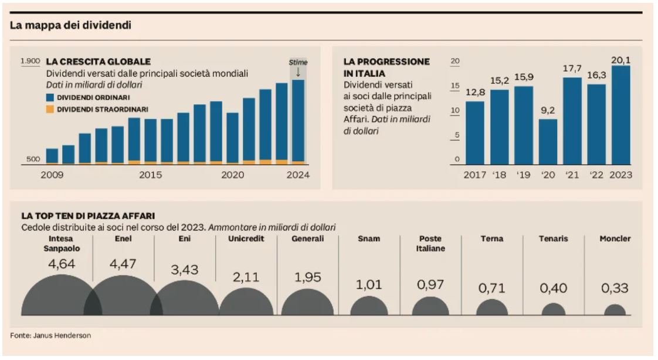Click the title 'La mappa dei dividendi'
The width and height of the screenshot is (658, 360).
point(70,26)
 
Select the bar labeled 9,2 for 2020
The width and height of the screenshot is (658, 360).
point(548,141)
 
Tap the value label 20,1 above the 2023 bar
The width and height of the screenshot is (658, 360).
point(620,60)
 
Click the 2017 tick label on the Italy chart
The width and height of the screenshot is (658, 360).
point(475,175)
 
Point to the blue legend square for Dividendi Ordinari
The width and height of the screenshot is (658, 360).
point(51,97)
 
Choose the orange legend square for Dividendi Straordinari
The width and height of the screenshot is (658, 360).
point(51,109)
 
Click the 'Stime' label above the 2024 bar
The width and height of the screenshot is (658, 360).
point(298,62)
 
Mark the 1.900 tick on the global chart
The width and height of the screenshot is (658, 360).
point(30,61)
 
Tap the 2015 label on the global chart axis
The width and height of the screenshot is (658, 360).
point(151,175)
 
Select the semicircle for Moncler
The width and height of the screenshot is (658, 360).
point(615,311)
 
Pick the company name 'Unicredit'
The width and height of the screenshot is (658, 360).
point(246,239)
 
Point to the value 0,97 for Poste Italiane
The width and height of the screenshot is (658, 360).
point(430,285)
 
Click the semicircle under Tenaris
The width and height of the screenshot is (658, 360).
point(553,310)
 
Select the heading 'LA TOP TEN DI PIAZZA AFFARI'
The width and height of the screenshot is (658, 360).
point(88,216)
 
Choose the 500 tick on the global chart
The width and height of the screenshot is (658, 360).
point(33,159)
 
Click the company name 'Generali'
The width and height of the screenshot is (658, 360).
point(308,239)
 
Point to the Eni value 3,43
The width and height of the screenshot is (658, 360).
point(184,270)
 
